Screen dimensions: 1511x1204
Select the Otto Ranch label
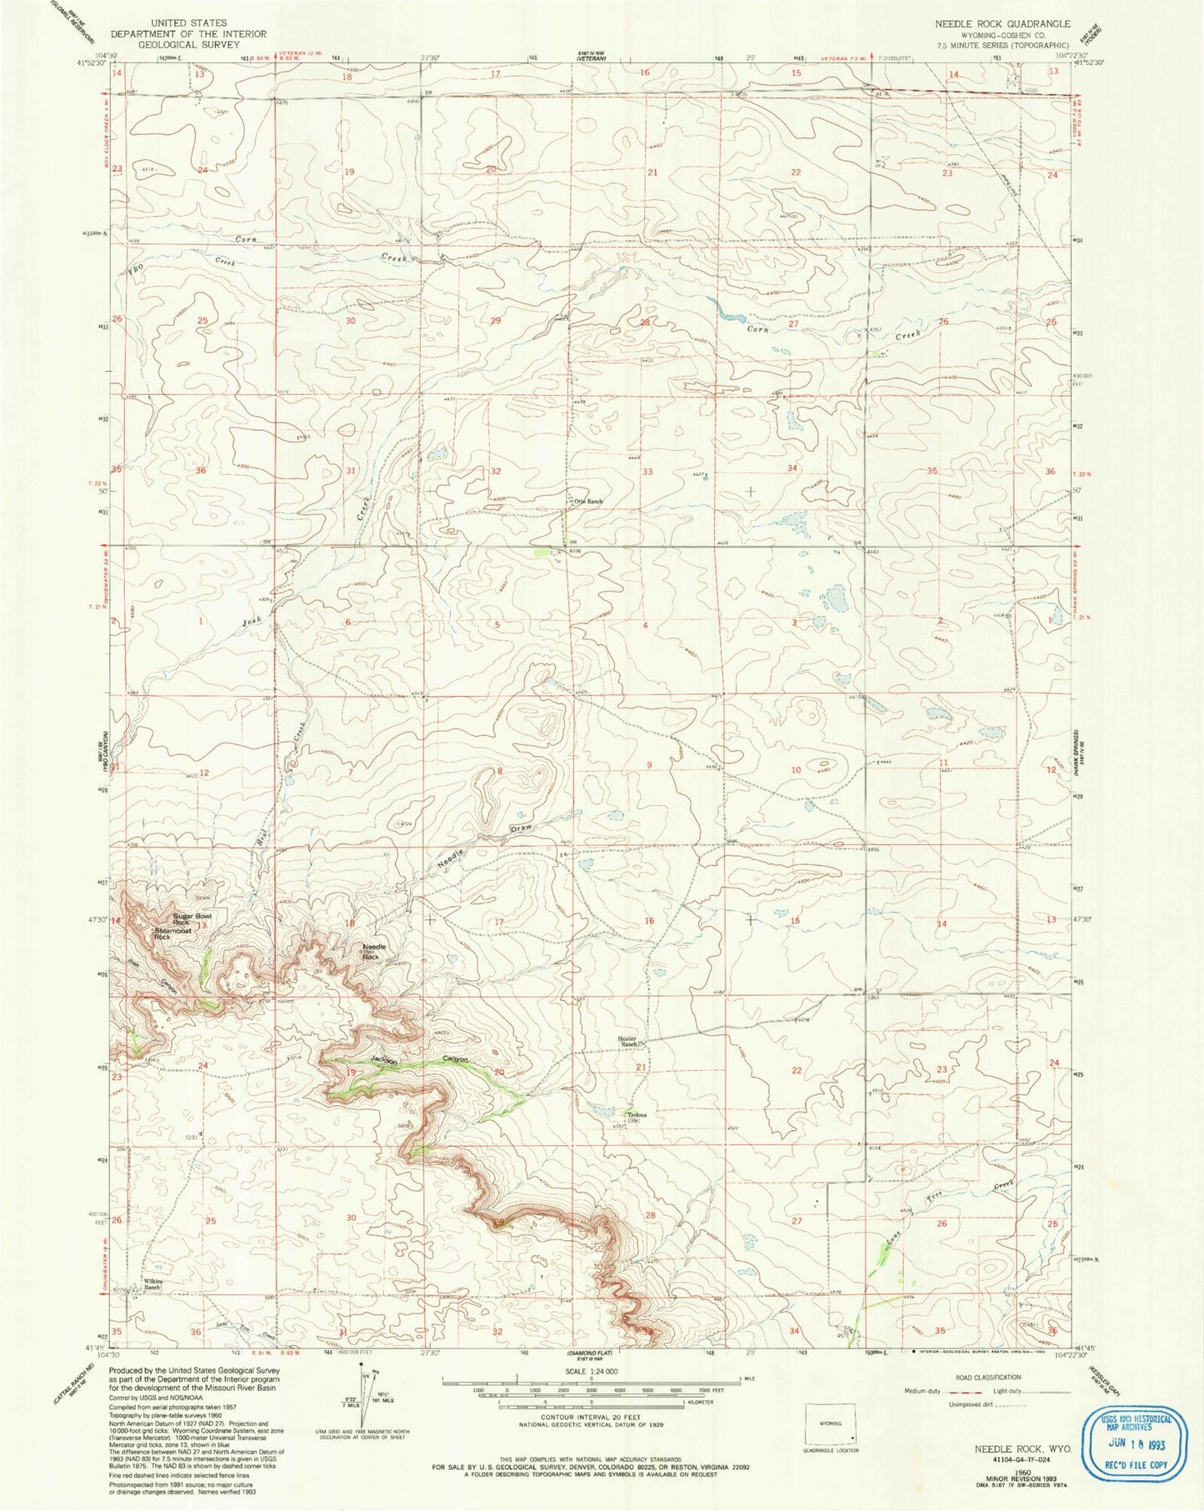tap(587, 501)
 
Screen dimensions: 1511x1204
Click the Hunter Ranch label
tap(627, 1041)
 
